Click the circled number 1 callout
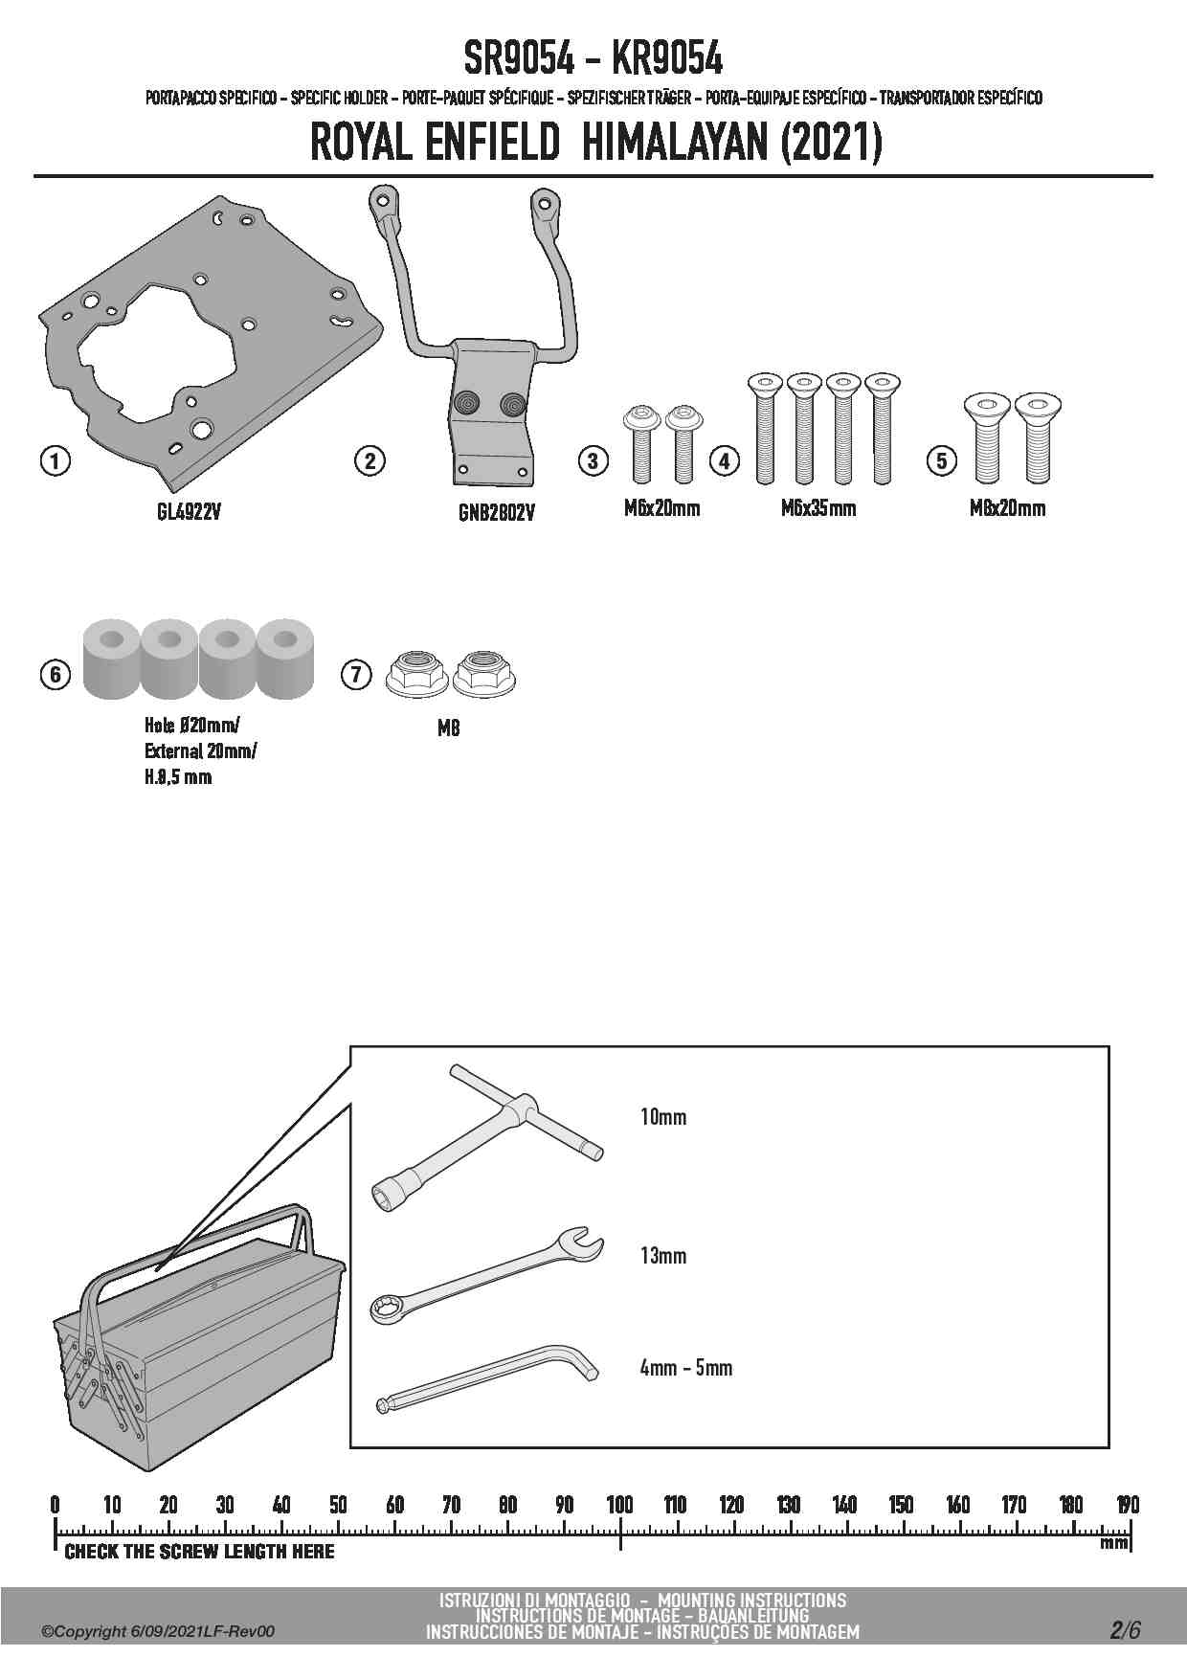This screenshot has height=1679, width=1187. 55,460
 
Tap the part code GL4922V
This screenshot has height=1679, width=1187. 190,512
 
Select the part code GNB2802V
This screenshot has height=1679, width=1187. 496,514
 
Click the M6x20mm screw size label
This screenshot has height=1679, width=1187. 661,508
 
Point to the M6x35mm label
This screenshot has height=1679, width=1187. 818,508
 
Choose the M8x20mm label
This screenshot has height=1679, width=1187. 1008,508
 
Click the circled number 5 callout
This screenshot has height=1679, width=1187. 942,460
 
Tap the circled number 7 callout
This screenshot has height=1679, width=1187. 356,675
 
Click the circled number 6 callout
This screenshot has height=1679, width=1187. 55,675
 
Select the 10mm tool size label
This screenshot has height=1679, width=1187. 663,1116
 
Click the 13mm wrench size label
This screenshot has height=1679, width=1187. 663,1255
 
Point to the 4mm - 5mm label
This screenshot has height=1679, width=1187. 686,1368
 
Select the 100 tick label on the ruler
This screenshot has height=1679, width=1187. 620,1505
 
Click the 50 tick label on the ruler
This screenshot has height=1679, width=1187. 338,1505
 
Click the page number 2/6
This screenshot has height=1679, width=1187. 1126,1630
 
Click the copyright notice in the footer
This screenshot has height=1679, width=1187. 158,1631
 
